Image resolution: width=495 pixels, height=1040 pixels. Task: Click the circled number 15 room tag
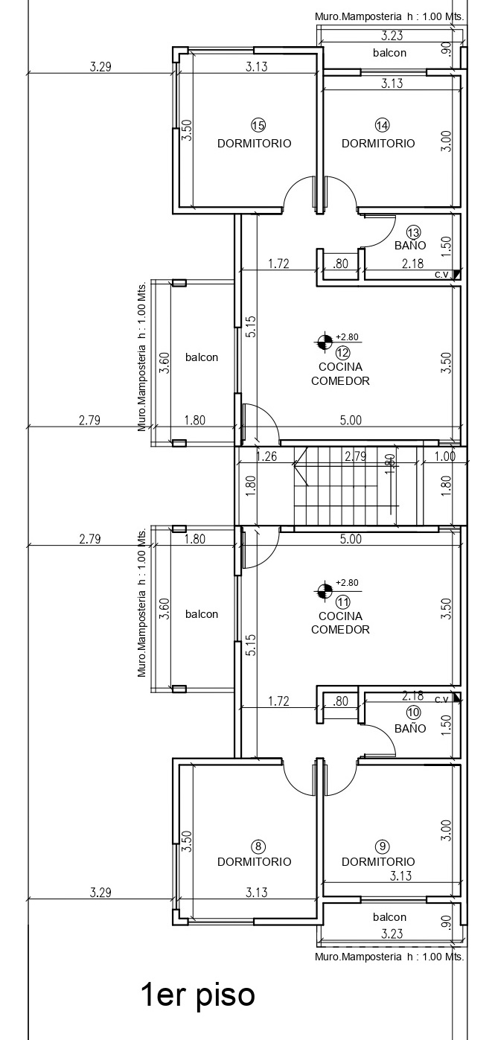258,125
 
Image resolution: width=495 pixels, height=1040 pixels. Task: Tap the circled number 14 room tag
382,125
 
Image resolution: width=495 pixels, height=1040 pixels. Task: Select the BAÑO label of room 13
410,245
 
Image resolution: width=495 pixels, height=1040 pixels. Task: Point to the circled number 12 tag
342,353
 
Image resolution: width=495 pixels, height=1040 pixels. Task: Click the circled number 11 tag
342,602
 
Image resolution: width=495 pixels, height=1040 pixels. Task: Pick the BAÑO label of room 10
410,729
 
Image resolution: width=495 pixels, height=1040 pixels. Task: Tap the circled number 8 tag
258,846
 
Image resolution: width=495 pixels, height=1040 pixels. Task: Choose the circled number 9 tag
382,846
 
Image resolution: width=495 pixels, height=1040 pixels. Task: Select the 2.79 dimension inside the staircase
355,456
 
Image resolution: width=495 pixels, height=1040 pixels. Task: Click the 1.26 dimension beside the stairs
267,456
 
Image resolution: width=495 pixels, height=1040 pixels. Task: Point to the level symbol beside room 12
323,342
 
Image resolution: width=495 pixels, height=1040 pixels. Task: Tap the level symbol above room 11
323,591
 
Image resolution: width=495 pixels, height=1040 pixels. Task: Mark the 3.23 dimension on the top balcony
392,36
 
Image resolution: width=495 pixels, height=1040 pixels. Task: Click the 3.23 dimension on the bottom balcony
392,934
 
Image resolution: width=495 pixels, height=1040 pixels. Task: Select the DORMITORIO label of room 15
255,143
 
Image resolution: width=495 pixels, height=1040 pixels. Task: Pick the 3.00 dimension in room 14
446,141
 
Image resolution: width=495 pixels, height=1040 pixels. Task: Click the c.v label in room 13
441,275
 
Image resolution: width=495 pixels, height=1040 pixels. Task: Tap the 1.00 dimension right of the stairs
445,456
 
